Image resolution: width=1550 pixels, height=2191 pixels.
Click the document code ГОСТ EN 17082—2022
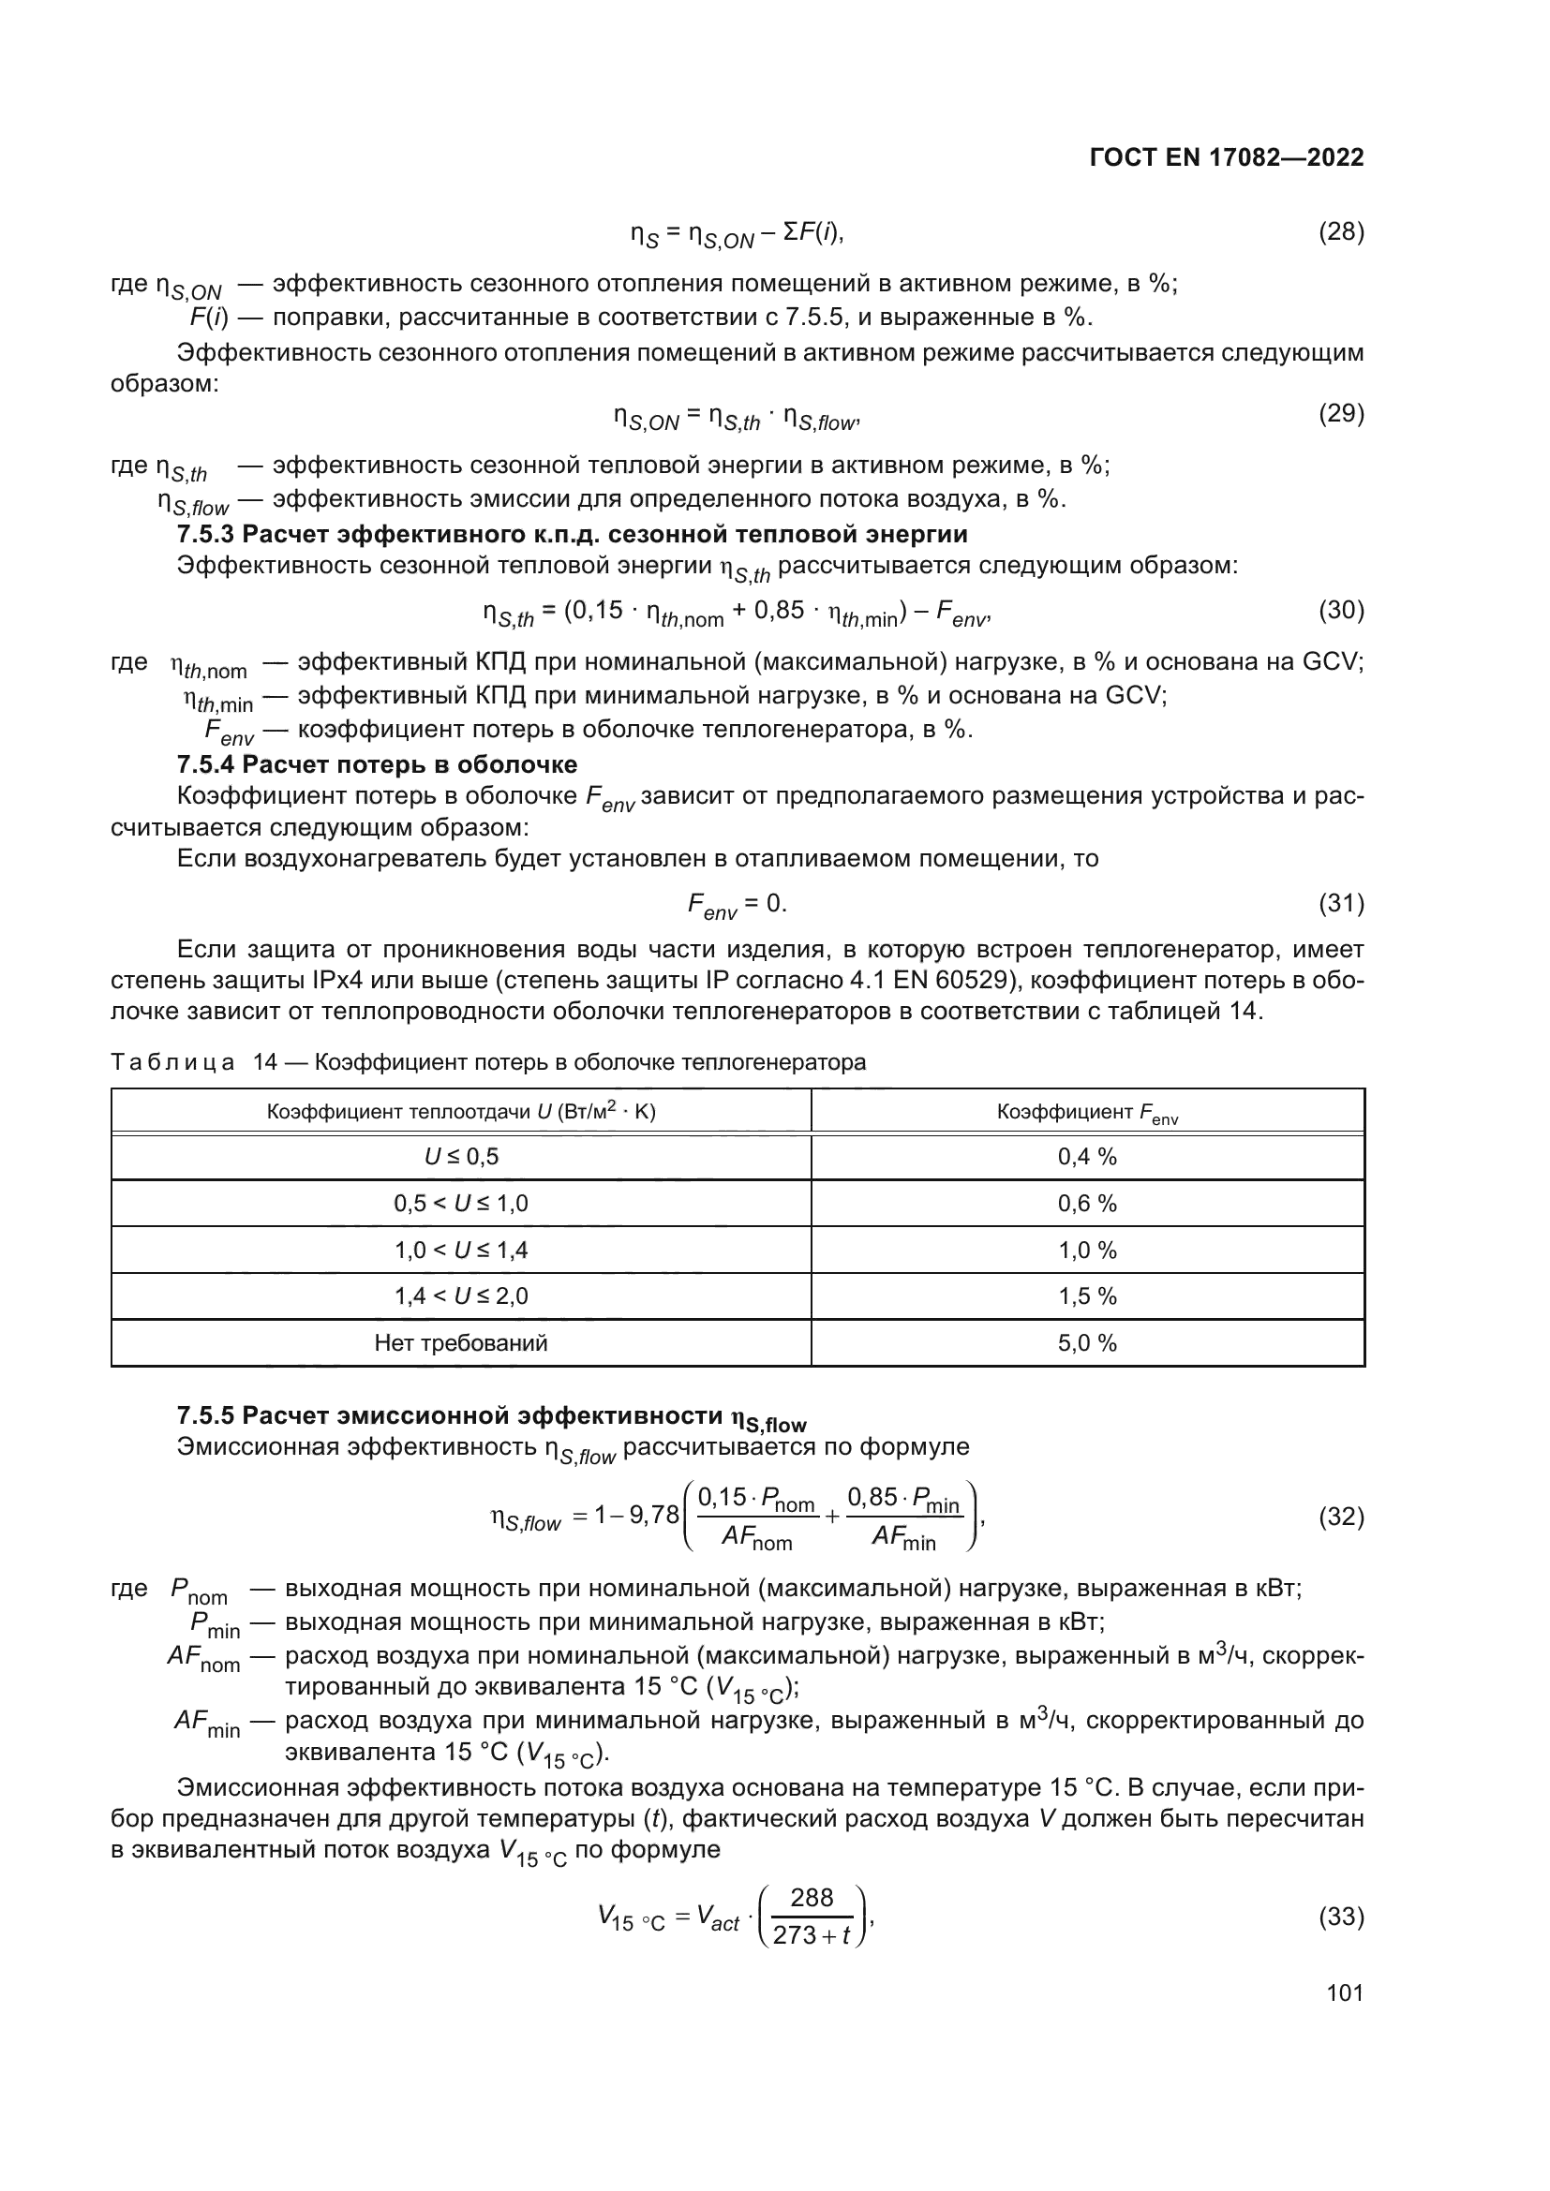point(1227,158)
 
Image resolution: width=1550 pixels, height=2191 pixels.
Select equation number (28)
point(1340,232)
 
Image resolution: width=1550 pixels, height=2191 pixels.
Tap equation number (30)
point(1340,610)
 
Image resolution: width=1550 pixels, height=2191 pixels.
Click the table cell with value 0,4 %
point(1086,1157)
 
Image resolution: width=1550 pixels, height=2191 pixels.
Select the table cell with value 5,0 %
point(1086,1342)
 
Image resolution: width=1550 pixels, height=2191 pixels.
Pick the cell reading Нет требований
point(461,1342)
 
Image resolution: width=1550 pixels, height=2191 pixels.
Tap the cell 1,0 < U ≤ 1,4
point(461,1251)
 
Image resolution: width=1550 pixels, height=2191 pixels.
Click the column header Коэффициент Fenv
point(1086,1112)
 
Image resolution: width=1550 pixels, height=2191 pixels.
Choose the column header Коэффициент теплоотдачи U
point(461,1112)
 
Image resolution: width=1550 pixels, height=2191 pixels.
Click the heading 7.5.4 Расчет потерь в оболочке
point(377,764)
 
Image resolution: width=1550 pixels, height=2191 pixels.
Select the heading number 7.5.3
point(205,533)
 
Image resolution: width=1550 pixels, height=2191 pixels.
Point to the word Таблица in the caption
point(171,1062)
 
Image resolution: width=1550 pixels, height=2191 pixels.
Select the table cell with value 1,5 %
point(1086,1295)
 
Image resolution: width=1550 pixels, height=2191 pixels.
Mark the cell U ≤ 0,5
point(461,1157)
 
